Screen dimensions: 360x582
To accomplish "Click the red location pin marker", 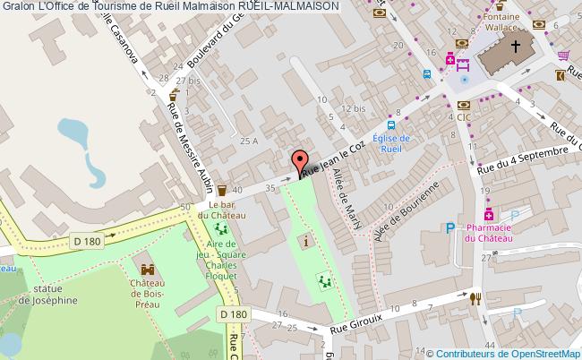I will click(x=299, y=161).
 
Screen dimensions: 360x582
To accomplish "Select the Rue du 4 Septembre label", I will click(x=523, y=159).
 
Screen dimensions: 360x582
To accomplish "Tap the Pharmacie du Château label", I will click(x=489, y=234).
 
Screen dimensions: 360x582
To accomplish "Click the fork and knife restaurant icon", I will click(x=477, y=298).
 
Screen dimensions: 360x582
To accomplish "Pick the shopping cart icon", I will click(x=564, y=56).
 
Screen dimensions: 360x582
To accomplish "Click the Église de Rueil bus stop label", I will click(x=390, y=143).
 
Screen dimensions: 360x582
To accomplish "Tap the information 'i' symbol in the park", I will click(x=309, y=240).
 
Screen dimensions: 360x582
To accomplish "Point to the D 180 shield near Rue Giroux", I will click(x=233, y=315).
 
